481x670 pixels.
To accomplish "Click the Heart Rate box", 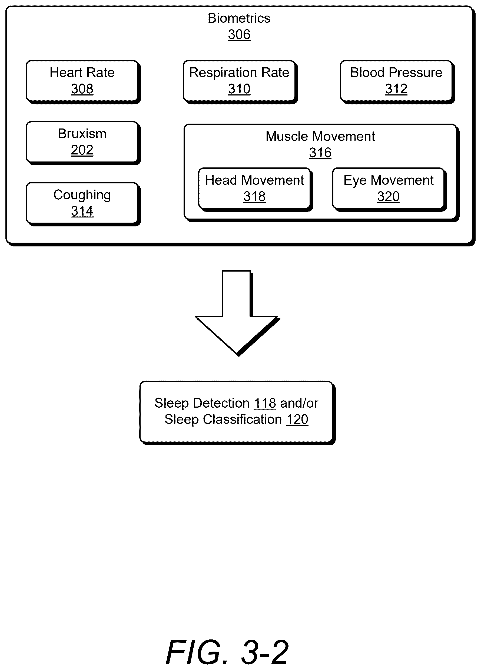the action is (83, 81).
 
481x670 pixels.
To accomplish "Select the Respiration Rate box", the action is (240, 81).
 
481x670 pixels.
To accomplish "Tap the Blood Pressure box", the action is (397, 81).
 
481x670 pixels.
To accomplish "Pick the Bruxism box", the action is (83, 143).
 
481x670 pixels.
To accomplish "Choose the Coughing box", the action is (83, 204).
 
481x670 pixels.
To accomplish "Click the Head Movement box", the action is (256, 189).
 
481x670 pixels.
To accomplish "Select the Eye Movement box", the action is (389, 189).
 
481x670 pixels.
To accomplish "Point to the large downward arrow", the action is (237, 313).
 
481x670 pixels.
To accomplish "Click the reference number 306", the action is (239, 35).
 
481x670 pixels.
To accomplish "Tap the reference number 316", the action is (320, 153).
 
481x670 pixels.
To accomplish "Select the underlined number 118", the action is (265, 403).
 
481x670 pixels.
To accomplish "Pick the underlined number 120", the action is (297, 419).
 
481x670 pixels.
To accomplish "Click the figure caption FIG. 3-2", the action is (227, 652).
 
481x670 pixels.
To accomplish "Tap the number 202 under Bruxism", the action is (82, 150).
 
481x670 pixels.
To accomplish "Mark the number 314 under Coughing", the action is (82, 211).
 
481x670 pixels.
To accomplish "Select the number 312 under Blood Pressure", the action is (396, 89).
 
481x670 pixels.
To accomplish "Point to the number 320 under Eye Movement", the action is (388, 196).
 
